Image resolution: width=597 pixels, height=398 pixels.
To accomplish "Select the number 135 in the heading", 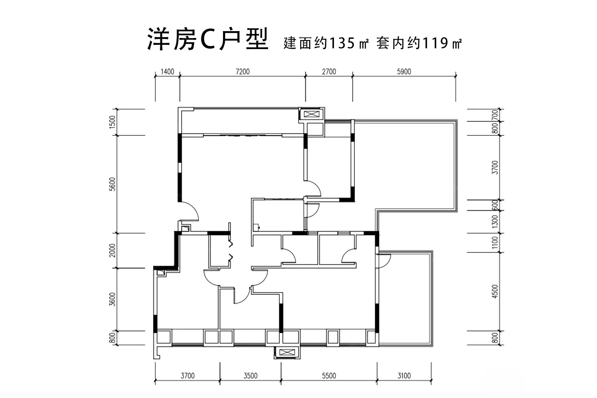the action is (x=342, y=43).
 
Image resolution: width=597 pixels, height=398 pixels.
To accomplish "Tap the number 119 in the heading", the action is (x=436, y=43).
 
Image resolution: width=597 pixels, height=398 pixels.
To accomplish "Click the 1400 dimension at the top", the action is (x=167, y=71).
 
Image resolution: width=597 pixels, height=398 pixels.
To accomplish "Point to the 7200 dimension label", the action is (x=243, y=71).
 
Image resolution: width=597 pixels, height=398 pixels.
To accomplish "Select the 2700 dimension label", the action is (x=329, y=71).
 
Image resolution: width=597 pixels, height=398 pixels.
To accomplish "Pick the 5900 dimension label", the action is (x=404, y=71).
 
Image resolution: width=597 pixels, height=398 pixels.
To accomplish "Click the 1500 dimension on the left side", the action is (x=113, y=122).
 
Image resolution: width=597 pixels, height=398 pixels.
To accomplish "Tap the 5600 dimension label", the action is (x=113, y=184).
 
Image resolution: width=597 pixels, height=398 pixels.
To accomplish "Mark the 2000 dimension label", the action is (x=113, y=250).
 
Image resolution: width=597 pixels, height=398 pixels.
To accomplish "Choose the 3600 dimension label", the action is (x=113, y=299).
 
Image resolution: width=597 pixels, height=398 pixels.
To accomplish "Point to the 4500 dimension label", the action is (x=495, y=291).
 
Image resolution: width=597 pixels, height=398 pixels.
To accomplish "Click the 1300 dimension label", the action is (x=495, y=221).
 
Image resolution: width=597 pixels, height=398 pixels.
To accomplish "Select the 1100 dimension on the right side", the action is (x=495, y=243).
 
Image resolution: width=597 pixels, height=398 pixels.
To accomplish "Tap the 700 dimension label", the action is (x=495, y=115).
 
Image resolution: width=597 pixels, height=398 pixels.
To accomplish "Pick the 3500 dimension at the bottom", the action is (x=251, y=376).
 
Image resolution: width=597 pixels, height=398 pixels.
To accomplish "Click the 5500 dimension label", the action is (x=329, y=376).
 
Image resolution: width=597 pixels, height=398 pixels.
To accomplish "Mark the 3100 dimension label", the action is (x=404, y=376).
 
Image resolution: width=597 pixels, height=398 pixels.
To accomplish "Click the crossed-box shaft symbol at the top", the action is (x=312, y=114).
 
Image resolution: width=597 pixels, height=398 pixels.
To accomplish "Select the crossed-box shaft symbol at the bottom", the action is (x=287, y=352).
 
